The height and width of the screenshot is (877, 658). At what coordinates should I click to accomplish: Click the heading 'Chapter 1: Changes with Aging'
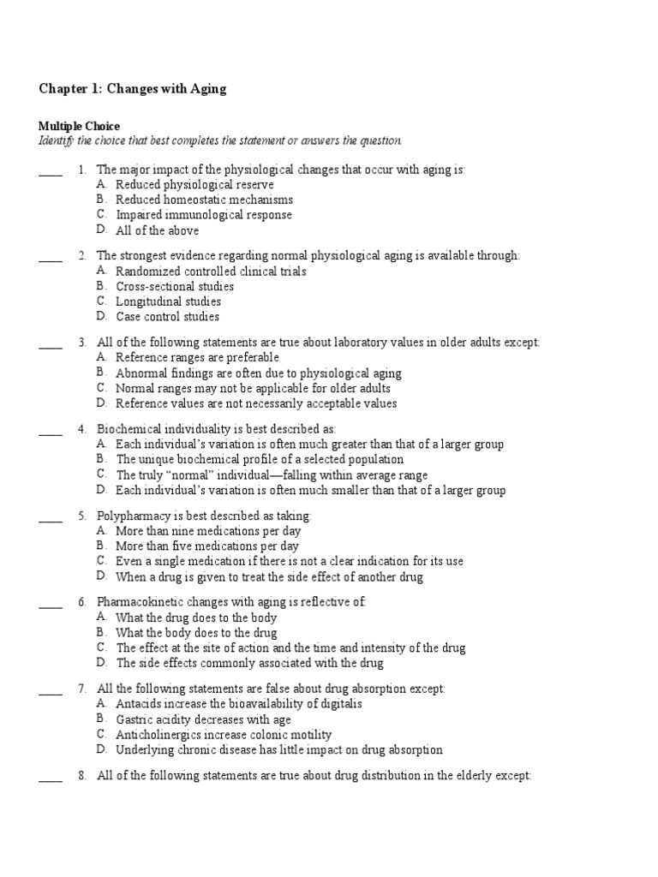point(133,89)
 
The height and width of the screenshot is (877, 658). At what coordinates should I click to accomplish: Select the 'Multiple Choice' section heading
point(80,126)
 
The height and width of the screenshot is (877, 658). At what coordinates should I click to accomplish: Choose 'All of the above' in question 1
point(157,230)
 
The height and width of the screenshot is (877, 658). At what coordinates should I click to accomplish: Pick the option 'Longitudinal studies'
point(168,301)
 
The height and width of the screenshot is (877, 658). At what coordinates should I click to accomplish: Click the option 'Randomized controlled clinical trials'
point(211,271)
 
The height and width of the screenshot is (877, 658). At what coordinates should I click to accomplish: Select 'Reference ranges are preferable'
point(197,357)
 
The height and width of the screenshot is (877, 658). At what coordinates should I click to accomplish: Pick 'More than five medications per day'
point(207,546)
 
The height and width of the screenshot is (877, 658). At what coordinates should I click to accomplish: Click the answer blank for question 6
point(51,605)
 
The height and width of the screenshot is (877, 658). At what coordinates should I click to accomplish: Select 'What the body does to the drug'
point(196,633)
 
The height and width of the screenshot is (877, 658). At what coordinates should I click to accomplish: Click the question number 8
point(81,775)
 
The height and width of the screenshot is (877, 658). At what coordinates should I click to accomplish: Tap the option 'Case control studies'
point(168,317)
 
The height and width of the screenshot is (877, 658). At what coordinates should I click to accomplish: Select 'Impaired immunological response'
point(204,215)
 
